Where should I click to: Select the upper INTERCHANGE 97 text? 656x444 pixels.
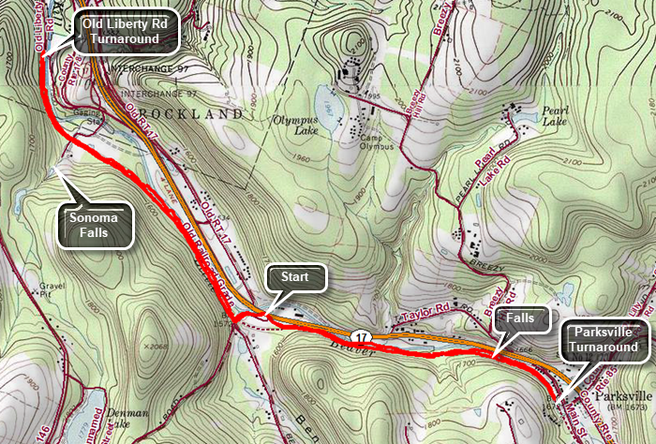148,69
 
